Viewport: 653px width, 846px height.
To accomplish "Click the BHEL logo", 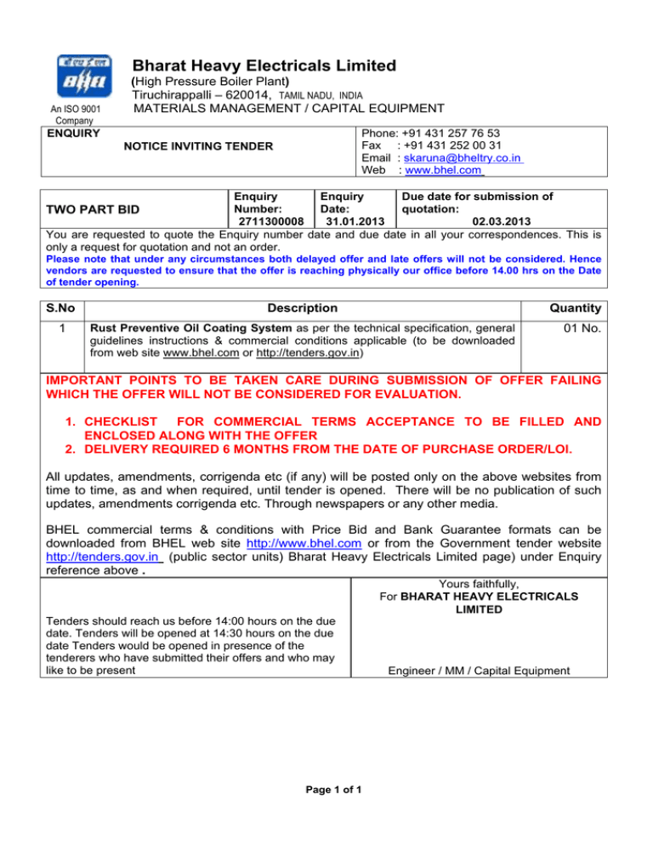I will click(84, 77).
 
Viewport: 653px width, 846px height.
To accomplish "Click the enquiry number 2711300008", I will click(269, 223).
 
